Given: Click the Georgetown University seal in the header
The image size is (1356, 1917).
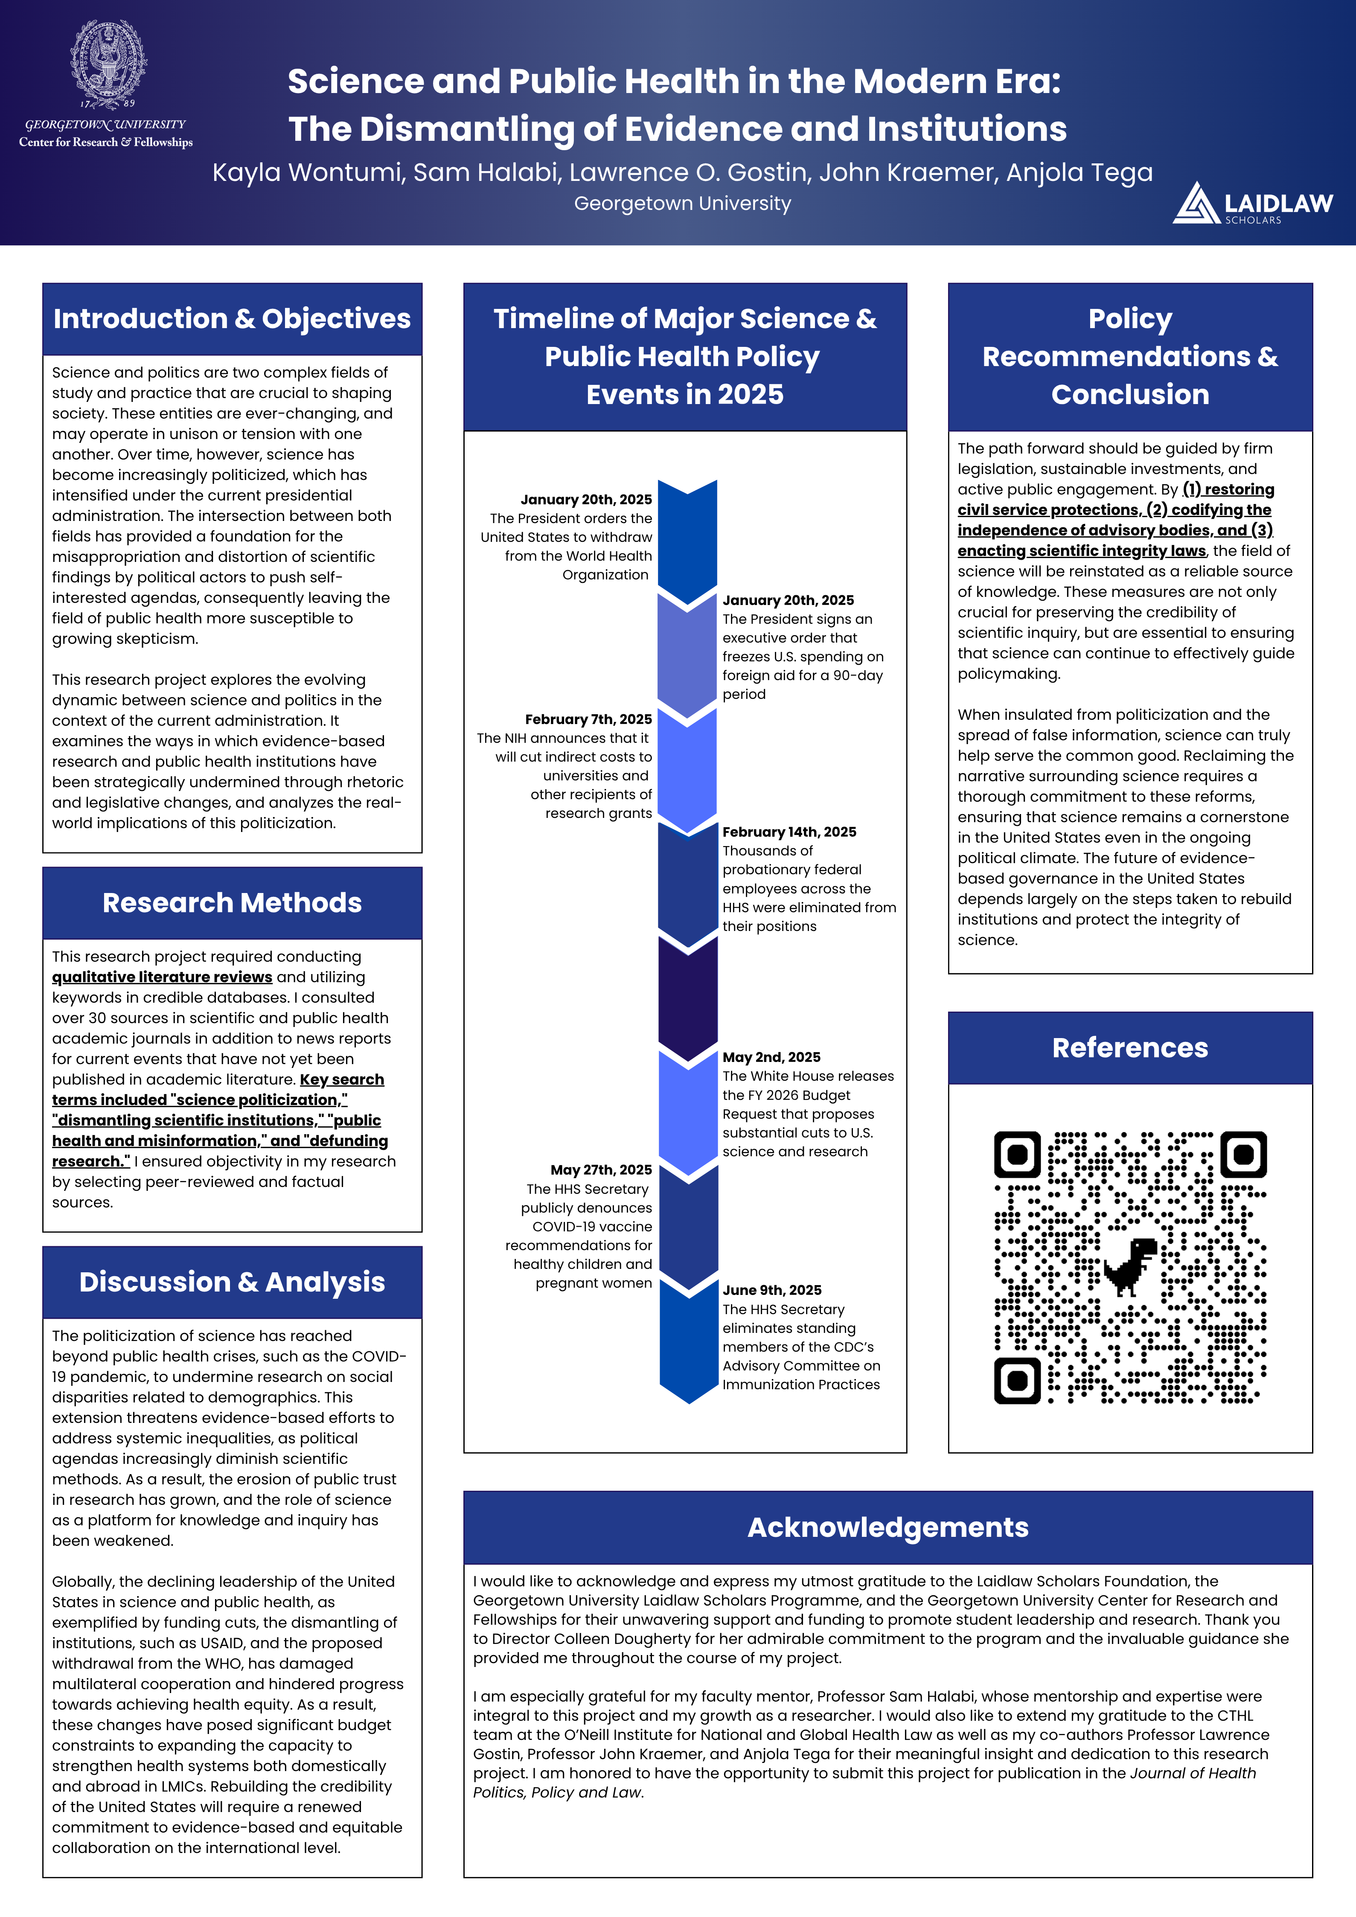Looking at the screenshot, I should coord(108,64).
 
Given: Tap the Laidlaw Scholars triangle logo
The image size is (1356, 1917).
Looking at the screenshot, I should coord(1196,204).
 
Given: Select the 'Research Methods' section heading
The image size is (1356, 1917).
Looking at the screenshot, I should coord(232,902).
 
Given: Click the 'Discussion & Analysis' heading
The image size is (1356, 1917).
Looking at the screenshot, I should coord(232,1282).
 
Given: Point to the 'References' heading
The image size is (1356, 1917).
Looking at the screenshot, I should coord(1130,1048).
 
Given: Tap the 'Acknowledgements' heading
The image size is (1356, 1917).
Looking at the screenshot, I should coord(888,1527).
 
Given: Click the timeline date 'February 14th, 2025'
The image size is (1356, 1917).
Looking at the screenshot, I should coord(789,832).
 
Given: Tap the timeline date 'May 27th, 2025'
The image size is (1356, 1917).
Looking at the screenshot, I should coord(600,1170).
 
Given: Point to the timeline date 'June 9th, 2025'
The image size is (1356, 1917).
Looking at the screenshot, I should coord(771,1290).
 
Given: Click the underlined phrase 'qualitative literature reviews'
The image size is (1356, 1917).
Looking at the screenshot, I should coord(162,977).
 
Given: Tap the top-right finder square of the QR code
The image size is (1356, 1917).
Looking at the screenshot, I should coord(1243,1155).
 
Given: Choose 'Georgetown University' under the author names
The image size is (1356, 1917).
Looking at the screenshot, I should coord(682,204).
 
